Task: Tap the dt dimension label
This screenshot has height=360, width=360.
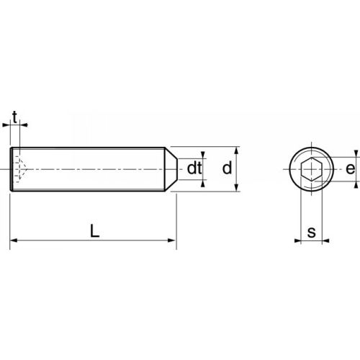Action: coord(194,168)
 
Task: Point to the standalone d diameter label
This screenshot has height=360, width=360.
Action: coord(226,168)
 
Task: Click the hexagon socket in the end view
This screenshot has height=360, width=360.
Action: coord(310,170)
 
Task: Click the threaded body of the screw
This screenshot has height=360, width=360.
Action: coord(94,170)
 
